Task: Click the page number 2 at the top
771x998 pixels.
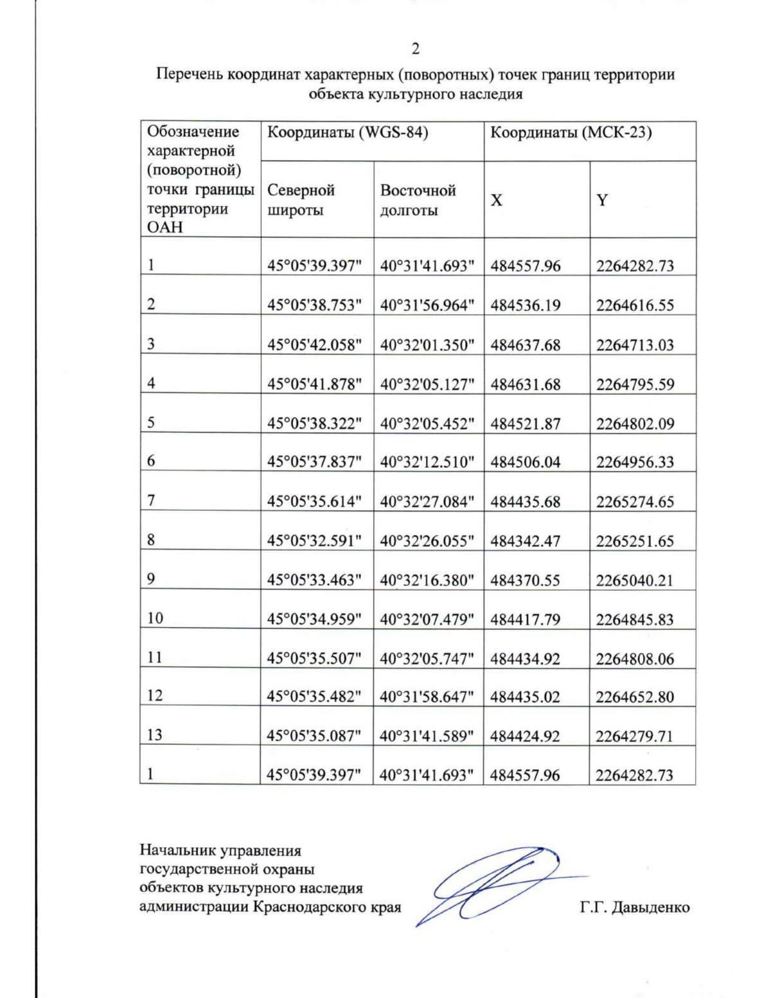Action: (416, 49)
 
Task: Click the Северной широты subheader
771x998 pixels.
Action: (301, 200)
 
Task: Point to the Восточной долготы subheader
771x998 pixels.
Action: (418, 200)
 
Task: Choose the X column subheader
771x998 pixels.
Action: (497, 200)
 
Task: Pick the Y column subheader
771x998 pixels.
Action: (602, 200)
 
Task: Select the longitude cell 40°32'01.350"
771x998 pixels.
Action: (427, 344)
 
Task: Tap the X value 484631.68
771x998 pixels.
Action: (526, 384)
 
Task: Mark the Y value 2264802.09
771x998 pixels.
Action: (635, 423)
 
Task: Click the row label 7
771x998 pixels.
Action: (151, 501)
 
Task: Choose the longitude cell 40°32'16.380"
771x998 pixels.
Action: (427, 580)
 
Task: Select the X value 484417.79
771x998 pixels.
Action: (526, 619)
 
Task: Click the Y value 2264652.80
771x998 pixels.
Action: (635, 697)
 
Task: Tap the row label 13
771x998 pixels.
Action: (155, 735)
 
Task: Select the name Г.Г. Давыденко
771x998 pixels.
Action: (634, 907)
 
